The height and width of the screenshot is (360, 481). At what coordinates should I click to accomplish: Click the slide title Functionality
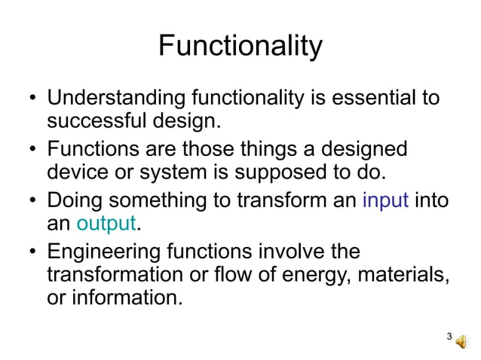click(240, 47)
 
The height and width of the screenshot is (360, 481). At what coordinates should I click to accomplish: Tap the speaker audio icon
click(461, 340)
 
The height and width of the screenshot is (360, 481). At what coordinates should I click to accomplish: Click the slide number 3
click(449, 337)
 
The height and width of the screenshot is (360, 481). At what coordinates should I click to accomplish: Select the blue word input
click(385, 200)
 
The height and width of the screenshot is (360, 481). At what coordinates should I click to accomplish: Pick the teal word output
click(106, 224)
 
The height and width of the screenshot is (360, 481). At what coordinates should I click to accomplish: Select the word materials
click(399, 273)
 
